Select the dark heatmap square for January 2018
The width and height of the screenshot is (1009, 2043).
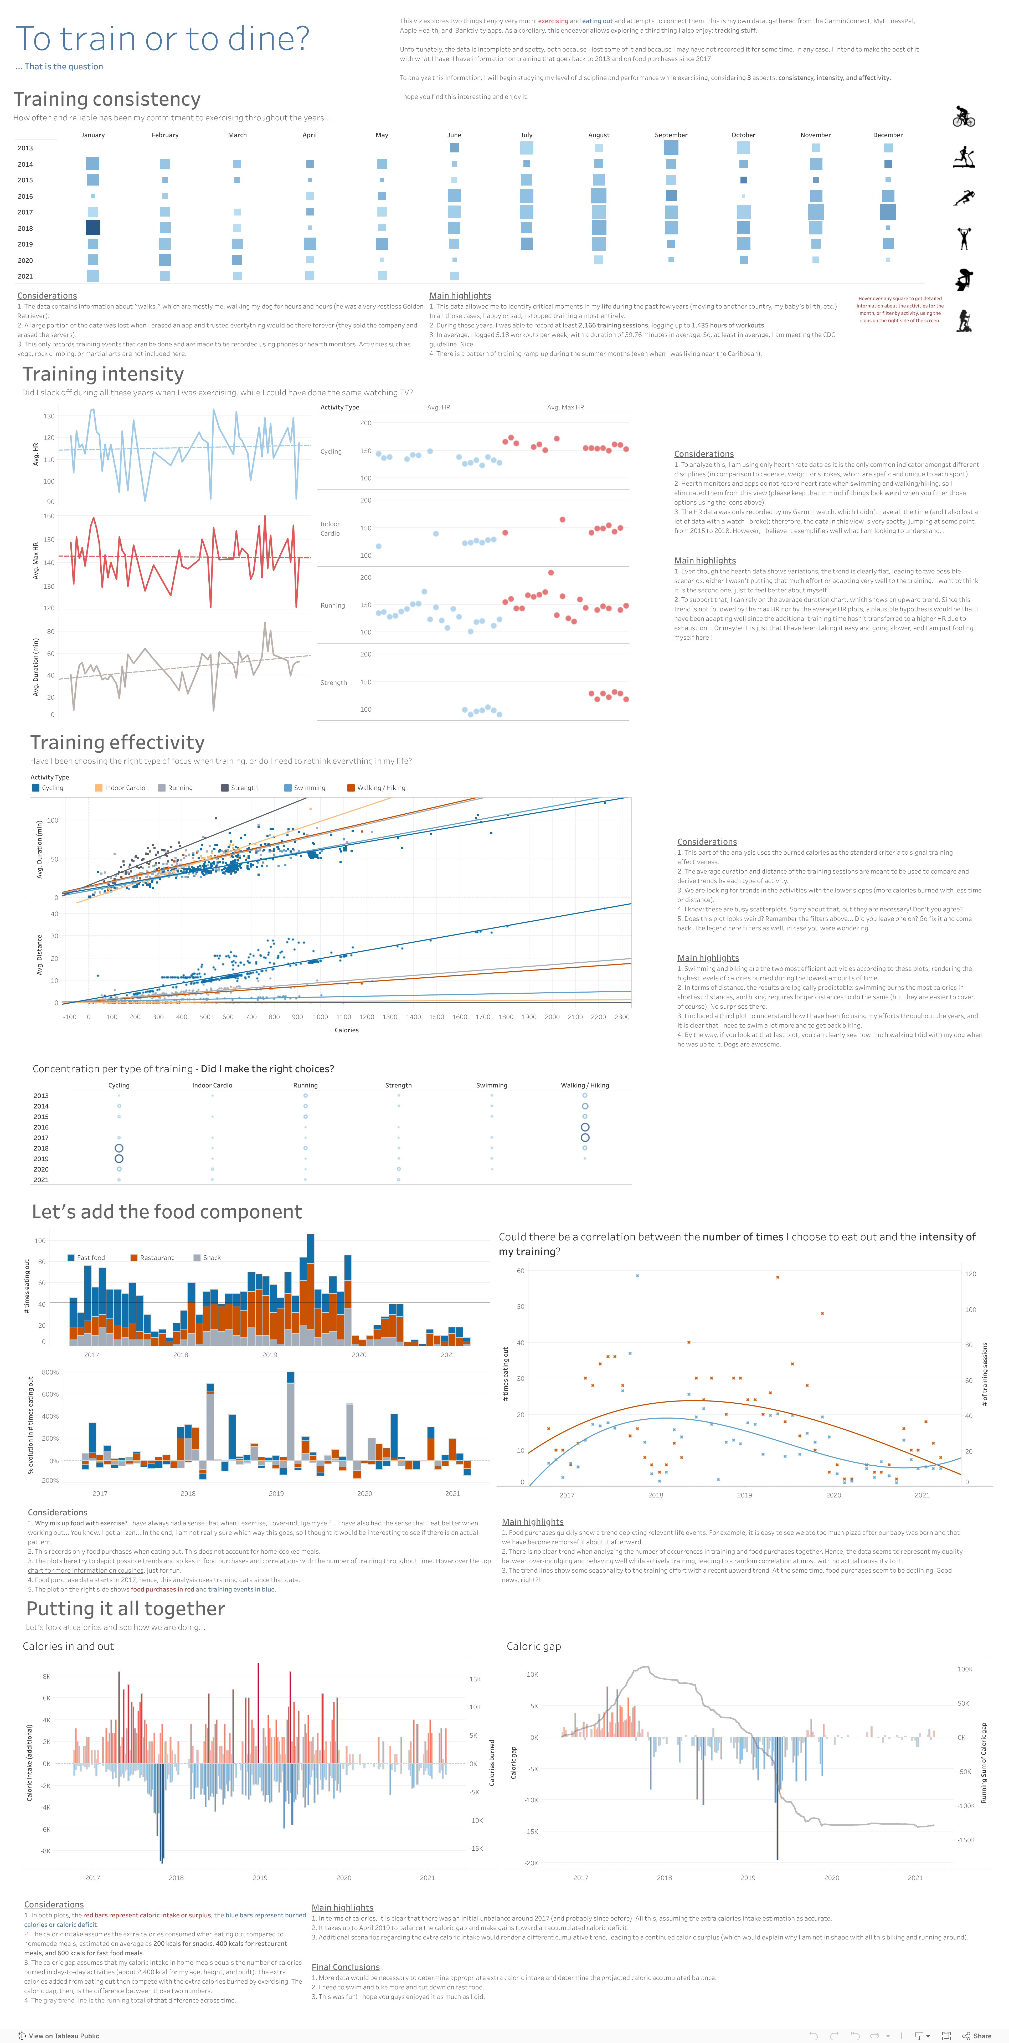coord(93,228)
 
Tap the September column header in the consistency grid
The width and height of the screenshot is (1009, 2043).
coord(671,135)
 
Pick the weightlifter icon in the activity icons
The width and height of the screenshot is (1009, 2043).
coord(964,238)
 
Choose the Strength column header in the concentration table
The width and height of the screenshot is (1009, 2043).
coord(398,1085)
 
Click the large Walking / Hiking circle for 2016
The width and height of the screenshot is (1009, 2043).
coord(585,1127)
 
